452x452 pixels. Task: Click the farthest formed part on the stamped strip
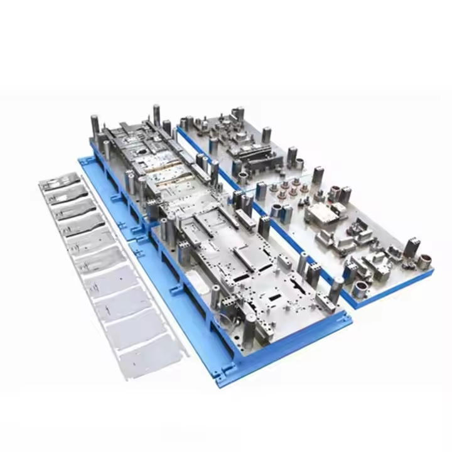(60, 183)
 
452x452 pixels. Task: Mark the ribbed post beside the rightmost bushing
(411, 247)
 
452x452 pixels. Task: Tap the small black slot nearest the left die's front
(276, 295)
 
